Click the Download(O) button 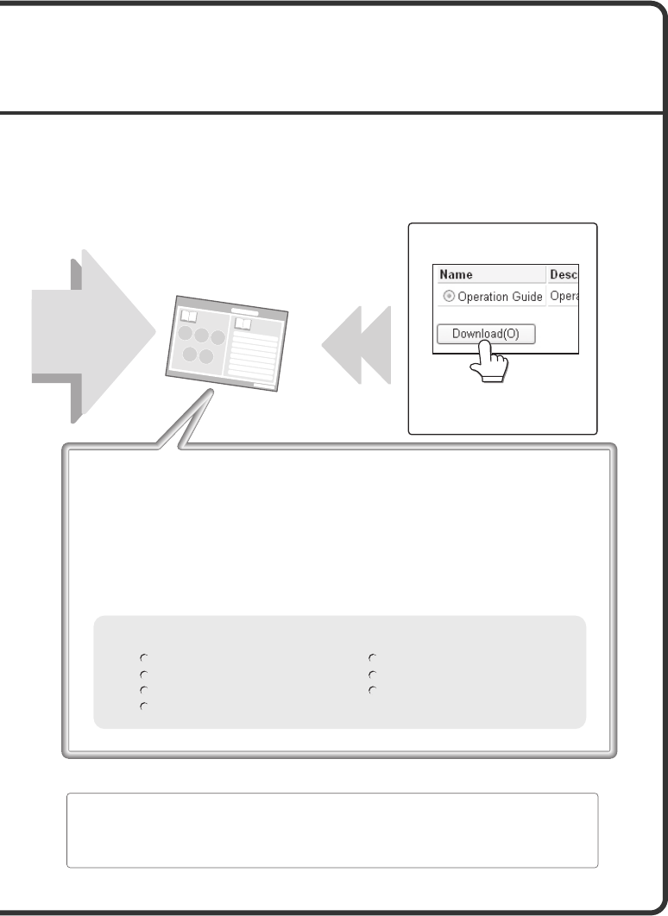(486, 334)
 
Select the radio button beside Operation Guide (448, 296)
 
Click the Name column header (456, 274)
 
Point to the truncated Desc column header (564, 274)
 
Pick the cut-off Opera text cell (564, 296)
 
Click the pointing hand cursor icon (489, 361)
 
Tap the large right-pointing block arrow (93, 336)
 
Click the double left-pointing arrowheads (356, 345)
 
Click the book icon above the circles (189, 317)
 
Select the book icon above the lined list (243, 323)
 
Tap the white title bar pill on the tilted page (245, 312)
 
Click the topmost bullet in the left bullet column (143, 658)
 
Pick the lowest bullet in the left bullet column (143, 706)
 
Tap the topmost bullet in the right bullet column (372, 658)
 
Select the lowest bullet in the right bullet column (372, 691)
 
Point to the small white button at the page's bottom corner (263, 386)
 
